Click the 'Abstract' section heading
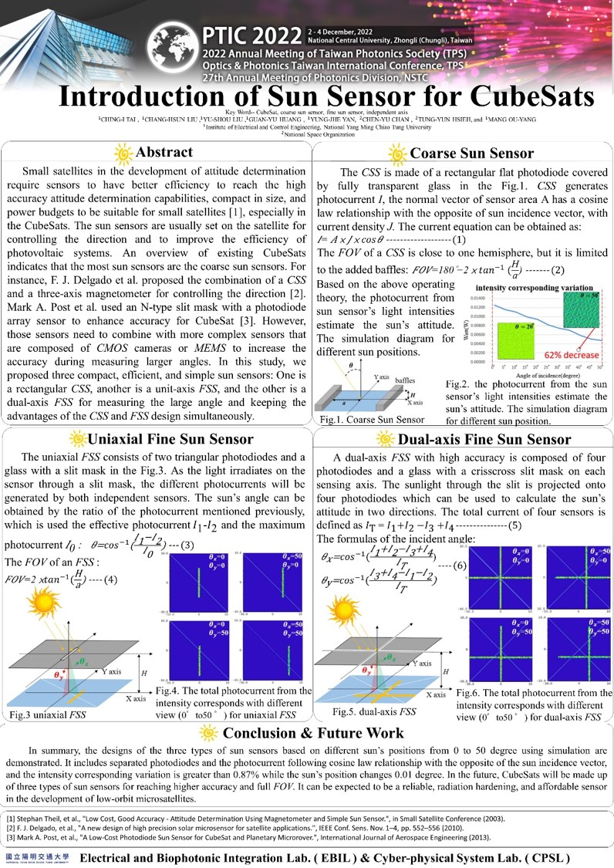tap(164, 152)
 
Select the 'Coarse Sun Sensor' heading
tap(472, 154)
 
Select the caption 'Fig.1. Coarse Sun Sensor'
tap(373, 419)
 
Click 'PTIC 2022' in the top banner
tap(249, 36)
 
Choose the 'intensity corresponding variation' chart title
tap(535, 287)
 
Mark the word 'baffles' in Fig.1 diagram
tap(404, 380)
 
